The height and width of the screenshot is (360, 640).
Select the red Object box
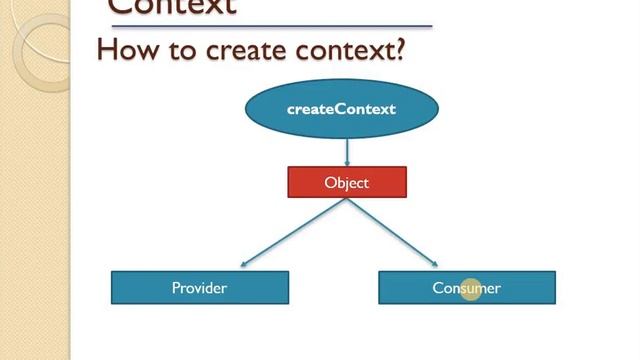[x=347, y=183]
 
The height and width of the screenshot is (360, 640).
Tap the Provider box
[x=199, y=288]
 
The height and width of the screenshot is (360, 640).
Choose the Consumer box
[x=466, y=288]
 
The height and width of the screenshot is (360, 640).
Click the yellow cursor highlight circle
[x=472, y=289]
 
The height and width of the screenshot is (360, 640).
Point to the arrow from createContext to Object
[x=347, y=150]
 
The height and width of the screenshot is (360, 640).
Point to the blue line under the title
[x=270, y=26]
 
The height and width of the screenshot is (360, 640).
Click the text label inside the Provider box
[x=199, y=288]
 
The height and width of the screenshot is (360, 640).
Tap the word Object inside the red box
[x=347, y=183]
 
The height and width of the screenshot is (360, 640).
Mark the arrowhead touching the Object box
[x=347, y=163]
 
